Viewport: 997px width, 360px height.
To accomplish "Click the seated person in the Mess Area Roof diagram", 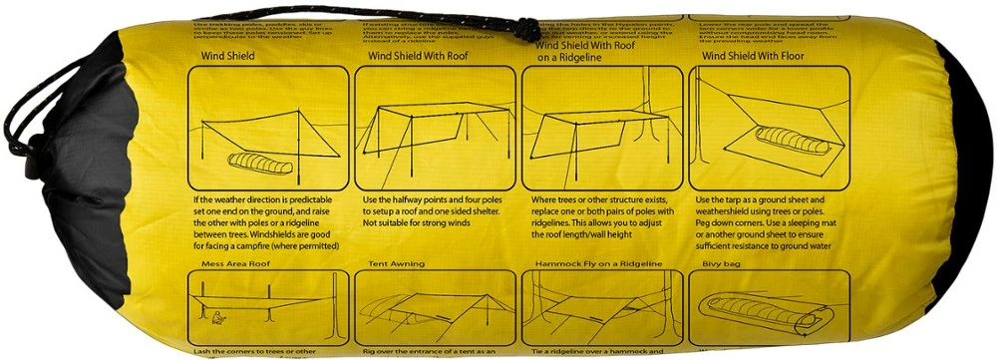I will [x=219, y=320].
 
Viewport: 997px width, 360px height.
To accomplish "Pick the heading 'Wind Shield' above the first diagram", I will [x=228, y=57].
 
